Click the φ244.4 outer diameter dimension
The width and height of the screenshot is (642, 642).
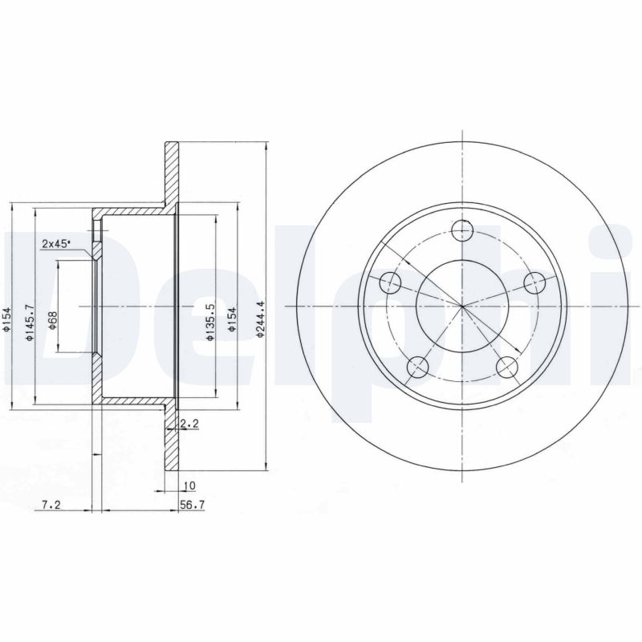coord(260,319)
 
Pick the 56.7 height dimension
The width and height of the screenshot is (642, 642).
coord(189,505)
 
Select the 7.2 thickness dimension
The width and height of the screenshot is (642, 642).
coord(50,505)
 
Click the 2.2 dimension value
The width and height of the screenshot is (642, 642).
coord(189,423)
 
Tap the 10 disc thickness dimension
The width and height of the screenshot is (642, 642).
coord(189,486)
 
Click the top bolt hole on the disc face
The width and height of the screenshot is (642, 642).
coord(461,231)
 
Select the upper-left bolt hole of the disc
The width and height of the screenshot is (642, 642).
coord(389,282)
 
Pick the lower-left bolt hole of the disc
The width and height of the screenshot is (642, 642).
coord(416,368)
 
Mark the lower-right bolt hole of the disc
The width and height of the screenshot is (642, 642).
coord(506,368)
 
